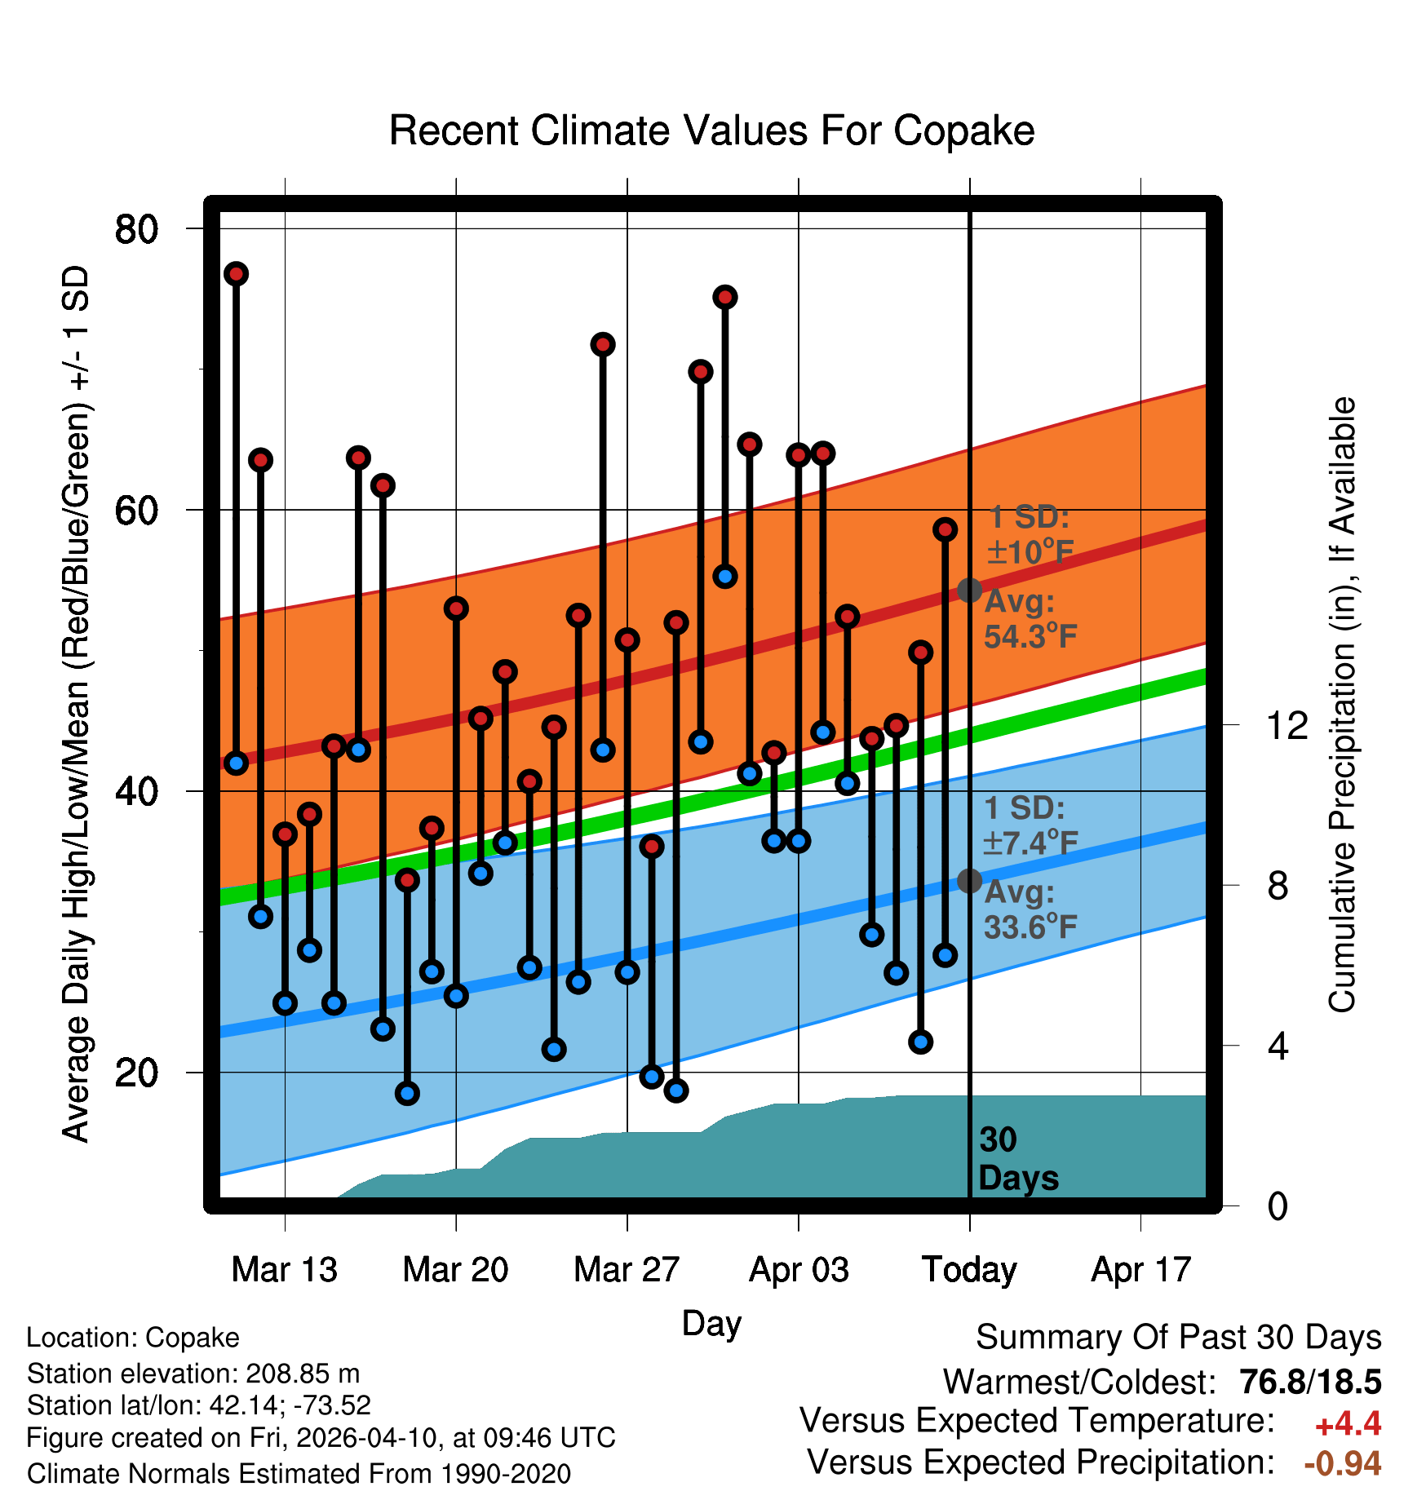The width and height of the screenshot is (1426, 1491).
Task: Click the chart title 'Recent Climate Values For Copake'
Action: click(x=711, y=131)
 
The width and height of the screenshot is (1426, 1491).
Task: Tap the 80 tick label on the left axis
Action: click(x=136, y=229)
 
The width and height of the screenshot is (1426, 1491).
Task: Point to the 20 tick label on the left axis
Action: click(x=136, y=1073)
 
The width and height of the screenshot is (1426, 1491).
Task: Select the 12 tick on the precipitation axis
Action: click(x=1286, y=725)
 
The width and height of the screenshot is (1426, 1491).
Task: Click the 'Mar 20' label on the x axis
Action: click(x=455, y=1270)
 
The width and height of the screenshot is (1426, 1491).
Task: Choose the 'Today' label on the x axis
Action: click(x=969, y=1270)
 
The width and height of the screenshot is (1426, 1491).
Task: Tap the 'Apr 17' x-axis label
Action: click(x=1141, y=1270)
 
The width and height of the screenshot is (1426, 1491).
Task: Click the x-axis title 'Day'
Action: click(x=711, y=1323)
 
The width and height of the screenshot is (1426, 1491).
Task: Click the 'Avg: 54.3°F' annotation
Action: click(x=1030, y=619)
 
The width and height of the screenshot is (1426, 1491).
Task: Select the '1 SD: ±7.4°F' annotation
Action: click(x=1030, y=825)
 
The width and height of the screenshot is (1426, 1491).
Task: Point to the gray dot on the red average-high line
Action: click(x=969, y=590)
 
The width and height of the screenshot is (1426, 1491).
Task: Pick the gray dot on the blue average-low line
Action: click(x=969, y=881)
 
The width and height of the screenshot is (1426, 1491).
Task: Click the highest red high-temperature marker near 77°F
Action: click(x=237, y=274)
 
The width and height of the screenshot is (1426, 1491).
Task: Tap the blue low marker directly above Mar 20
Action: click(x=456, y=995)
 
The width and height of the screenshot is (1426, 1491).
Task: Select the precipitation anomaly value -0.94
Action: click(x=1342, y=1463)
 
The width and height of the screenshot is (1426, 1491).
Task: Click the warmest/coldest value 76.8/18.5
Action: click(x=1310, y=1382)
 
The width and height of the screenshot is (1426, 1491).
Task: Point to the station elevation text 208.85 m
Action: click(x=303, y=1374)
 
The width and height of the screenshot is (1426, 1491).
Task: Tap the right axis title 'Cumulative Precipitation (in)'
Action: click(x=1342, y=706)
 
